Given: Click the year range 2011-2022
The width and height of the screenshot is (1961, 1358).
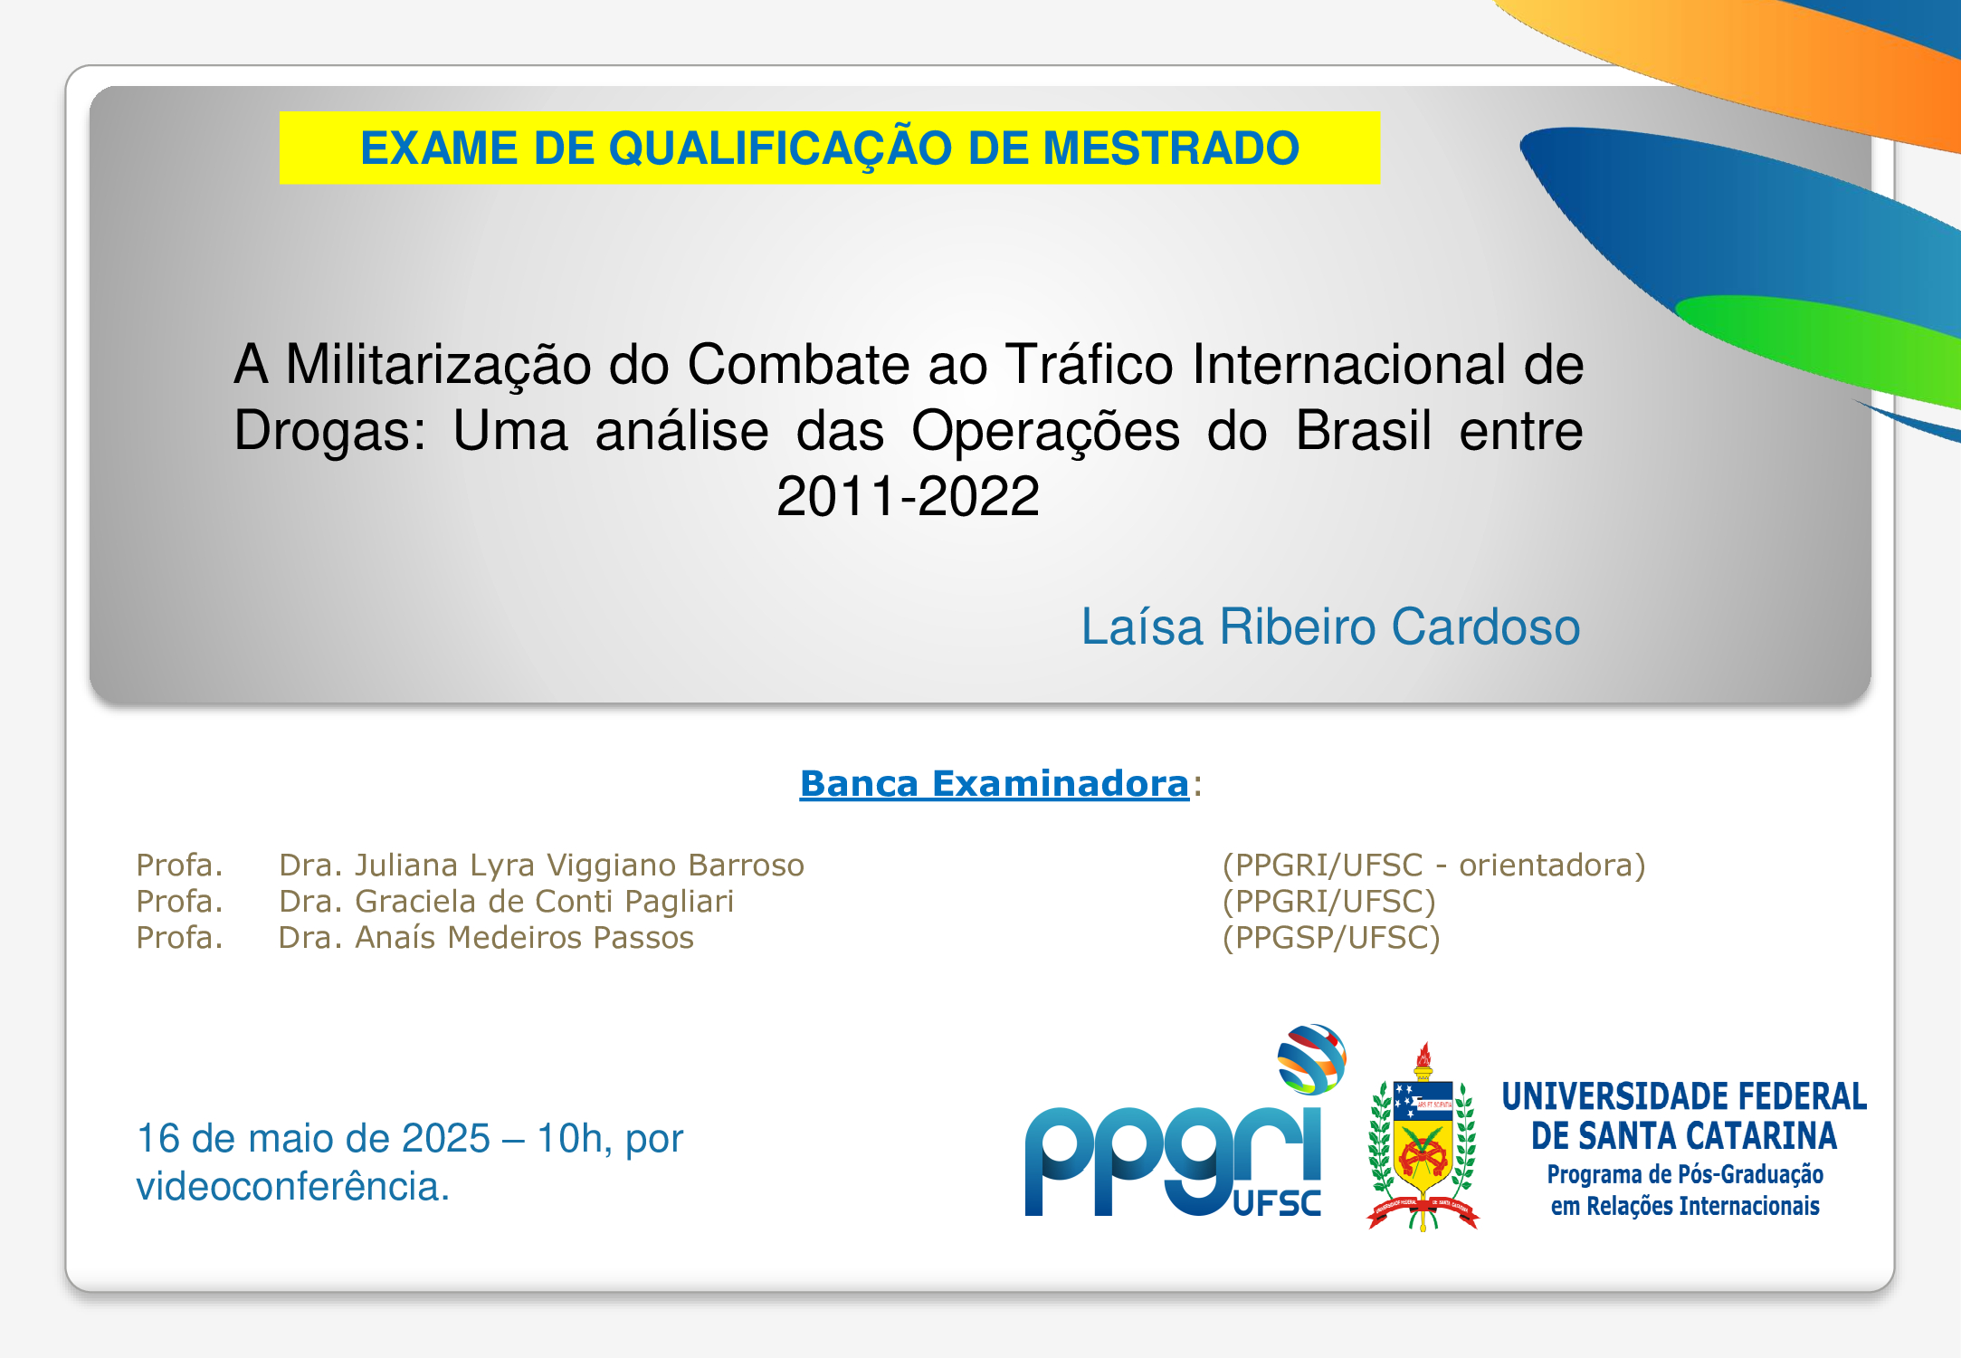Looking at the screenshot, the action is point(908,496).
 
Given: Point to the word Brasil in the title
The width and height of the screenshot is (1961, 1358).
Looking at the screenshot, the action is point(1364,430).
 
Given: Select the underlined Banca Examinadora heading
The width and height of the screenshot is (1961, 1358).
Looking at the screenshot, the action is point(994,783).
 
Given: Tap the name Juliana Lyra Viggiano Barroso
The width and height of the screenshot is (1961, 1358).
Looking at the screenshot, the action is point(579,865).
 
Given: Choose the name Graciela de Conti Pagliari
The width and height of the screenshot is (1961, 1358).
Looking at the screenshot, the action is point(544,902).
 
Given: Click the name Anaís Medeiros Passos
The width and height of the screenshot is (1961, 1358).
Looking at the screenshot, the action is point(524,937).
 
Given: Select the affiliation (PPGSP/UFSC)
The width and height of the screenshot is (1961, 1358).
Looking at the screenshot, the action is point(1331,938).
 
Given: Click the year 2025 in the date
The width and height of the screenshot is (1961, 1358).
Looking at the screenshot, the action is point(446,1138).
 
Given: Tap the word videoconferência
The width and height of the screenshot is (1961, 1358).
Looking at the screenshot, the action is point(292,1186).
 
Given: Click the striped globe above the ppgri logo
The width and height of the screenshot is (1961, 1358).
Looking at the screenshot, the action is point(1311,1058).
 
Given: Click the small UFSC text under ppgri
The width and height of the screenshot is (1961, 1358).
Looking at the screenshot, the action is point(1277,1203).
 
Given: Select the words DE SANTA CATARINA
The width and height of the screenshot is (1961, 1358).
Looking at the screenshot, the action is point(1684,1135).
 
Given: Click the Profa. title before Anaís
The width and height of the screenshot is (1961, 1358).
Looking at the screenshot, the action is point(179,938).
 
